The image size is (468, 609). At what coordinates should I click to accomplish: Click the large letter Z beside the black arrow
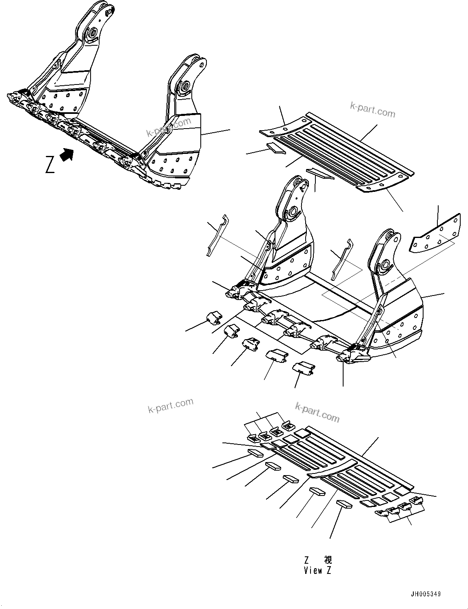coord(50,164)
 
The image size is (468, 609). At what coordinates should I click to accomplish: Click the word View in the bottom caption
coord(313,571)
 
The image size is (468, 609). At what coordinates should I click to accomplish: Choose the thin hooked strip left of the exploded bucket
coord(216,237)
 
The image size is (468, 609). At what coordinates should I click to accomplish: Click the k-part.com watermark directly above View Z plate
coord(317,411)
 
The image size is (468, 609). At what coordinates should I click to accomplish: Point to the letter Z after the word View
coord(329,571)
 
